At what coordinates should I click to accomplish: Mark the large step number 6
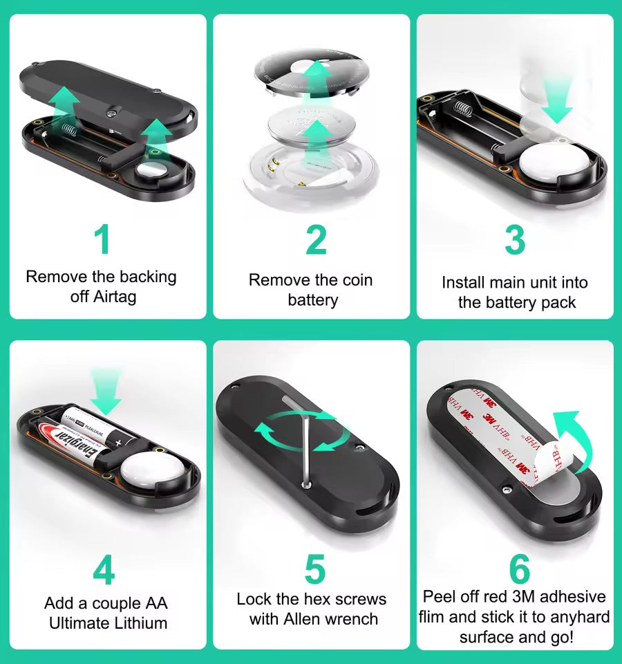(x=519, y=569)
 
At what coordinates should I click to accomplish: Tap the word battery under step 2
(x=312, y=300)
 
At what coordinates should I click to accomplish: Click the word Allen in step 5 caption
(x=303, y=619)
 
